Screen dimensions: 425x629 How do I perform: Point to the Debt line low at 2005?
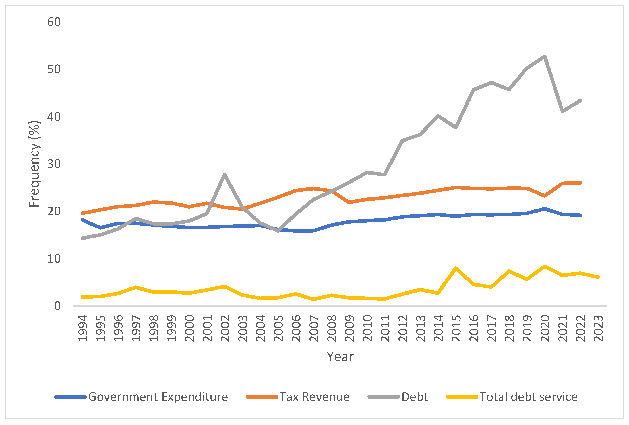[278, 231]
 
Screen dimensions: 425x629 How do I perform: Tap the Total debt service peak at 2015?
[456, 268]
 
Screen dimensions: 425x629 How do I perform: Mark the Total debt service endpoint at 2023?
[598, 277]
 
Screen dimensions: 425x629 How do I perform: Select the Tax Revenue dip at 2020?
[545, 196]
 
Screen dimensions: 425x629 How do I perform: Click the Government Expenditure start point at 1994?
[82, 220]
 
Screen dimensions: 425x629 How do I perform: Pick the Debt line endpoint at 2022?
[580, 101]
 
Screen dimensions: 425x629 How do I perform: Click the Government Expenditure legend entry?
[141, 397]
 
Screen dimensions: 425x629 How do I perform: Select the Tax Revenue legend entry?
[298, 397]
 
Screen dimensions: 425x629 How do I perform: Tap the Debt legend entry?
[398, 397]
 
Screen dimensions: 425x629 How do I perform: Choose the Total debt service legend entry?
[512, 397]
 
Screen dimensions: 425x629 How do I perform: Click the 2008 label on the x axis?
[332, 328]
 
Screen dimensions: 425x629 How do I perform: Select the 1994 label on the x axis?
[82, 328]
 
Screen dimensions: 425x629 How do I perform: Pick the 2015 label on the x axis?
[456, 328]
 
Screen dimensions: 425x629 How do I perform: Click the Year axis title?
[340, 356]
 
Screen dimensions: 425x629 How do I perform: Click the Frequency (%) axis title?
[34, 164]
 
